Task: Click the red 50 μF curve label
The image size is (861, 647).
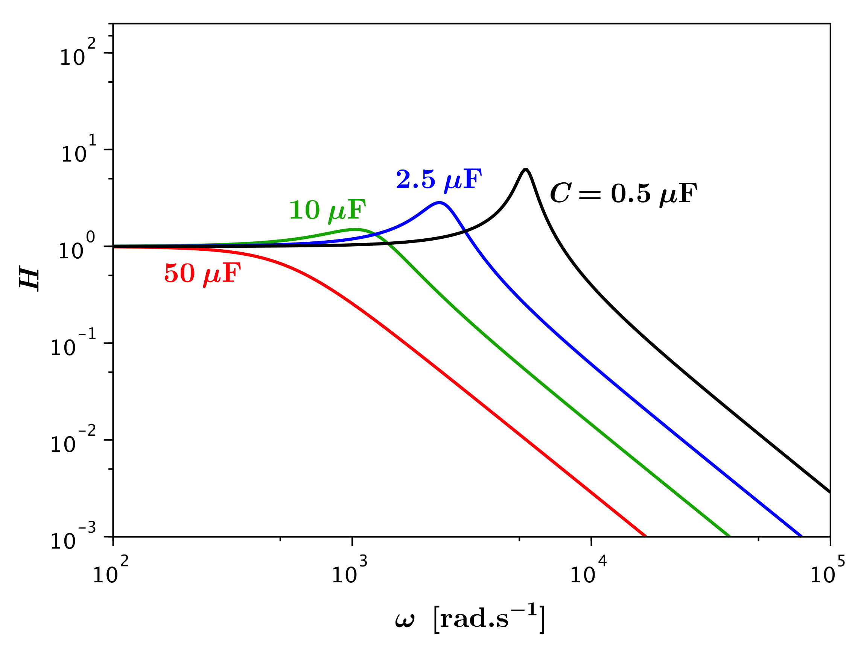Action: (x=202, y=274)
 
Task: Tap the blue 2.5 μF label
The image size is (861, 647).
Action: (x=439, y=180)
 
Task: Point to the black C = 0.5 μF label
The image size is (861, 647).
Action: (x=623, y=194)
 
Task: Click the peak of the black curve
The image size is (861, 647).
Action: (x=525, y=169)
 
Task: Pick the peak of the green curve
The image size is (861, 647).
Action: (x=355, y=229)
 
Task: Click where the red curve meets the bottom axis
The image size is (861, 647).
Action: (x=646, y=536)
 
